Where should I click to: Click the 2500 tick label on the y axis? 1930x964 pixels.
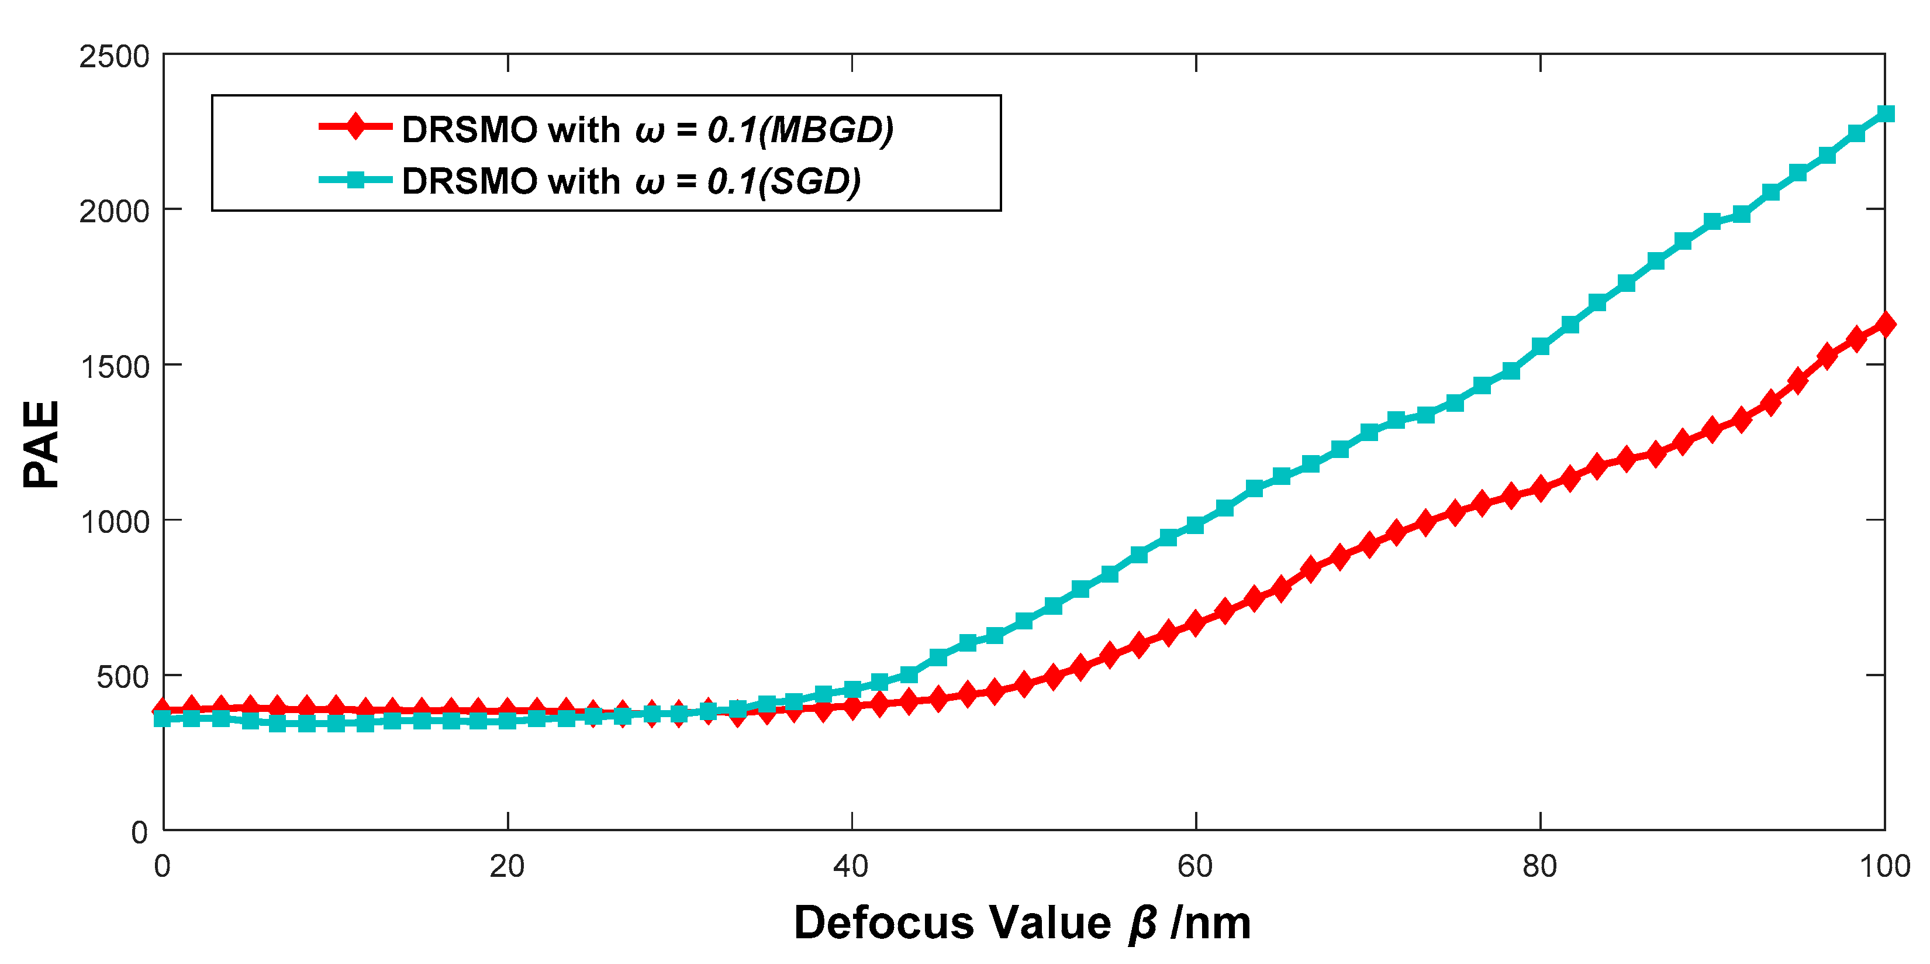pyautogui.click(x=114, y=57)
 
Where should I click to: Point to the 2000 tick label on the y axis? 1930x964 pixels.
pyautogui.click(x=114, y=212)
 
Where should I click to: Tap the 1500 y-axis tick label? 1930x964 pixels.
pyautogui.click(x=114, y=367)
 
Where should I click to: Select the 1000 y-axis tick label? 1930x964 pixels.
pyautogui.click(x=114, y=522)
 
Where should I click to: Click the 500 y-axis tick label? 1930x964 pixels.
pyautogui.click(x=122, y=677)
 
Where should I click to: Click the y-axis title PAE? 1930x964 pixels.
pyautogui.click(x=41, y=444)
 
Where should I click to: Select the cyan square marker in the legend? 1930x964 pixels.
pyautogui.click(x=357, y=179)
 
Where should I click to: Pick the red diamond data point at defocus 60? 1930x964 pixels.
pyautogui.click(x=1196, y=623)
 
